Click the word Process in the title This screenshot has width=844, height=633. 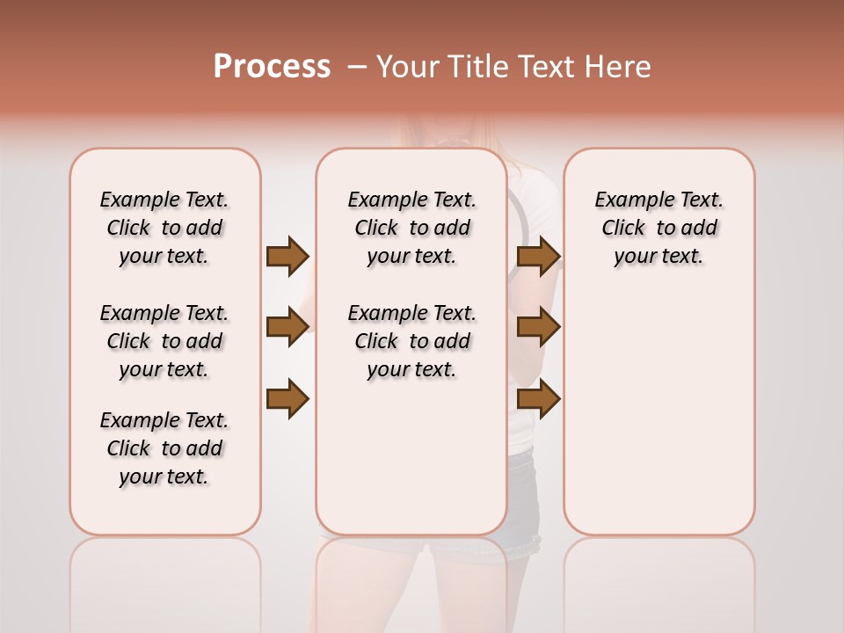point(272,67)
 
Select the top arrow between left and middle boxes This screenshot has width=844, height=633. point(287,256)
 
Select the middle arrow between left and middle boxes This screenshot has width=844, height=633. point(287,327)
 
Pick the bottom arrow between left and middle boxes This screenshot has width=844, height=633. point(287,399)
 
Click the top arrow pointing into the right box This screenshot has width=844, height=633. point(538,256)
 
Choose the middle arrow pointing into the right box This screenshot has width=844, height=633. point(538,327)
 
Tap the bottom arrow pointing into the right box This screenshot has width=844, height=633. point(538,399)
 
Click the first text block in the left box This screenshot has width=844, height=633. point(164,228)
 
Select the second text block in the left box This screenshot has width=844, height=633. point(164,341)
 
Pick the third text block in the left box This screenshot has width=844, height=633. point(164,448)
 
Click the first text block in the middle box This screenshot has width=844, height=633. point(411,228)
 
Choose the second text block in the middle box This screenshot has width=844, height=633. point(411,341)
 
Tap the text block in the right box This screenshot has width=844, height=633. point(658,228)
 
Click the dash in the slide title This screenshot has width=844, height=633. point(356,68)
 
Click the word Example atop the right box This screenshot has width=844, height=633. point(627,200)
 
